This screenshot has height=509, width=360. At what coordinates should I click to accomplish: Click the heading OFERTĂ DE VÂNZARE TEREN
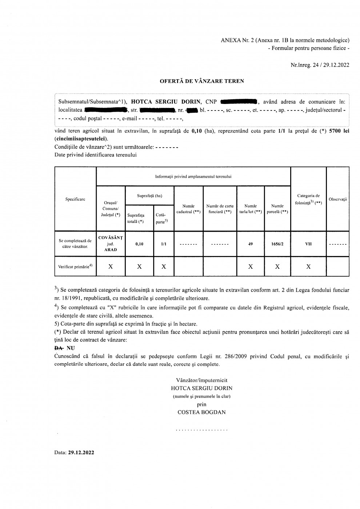[202, 81]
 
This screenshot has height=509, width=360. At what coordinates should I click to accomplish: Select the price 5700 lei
[339, 131]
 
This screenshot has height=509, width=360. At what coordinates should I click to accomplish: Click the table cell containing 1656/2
[277, 244]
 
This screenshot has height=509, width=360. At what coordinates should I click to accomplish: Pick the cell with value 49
[251, 244]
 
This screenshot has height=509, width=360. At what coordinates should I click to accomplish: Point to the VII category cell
[308, 244]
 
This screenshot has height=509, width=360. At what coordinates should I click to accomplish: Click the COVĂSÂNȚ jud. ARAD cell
[111, 244]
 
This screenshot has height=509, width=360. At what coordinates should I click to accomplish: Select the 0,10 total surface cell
[139, 244]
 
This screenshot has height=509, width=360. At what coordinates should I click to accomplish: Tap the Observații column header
[338, 199]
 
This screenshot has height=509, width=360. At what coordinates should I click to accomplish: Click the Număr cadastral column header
[188, 209]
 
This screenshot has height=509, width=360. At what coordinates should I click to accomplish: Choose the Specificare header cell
[75, 199]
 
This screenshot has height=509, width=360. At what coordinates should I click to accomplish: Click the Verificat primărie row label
[75, 266]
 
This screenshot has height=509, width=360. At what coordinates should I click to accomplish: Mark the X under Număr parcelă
[277, 266]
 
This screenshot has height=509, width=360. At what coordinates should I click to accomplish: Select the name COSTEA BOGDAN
[201, 412]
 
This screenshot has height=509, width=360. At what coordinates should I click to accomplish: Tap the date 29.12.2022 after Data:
[81, 453]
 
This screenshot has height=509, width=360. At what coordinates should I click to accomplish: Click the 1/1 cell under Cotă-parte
[164, 244]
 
